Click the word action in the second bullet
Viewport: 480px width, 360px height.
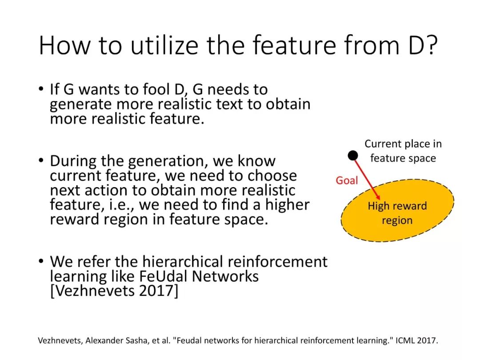pyautogui.click(x=107, y=190)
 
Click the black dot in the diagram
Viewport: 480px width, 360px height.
pyautogui.click(x=353, y=156)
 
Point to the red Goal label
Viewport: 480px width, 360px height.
pyautogui.click(x=347, y=180)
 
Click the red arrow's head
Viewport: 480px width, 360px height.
pyautogui.click(x=378, y=197)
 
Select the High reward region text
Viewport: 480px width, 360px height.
pyautogui.click(x=397, y=213)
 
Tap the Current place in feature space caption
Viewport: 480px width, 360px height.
pyautogui.click(x=403, y=151)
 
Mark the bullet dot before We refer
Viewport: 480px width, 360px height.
pyautogui.click(x=41, y=261)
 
